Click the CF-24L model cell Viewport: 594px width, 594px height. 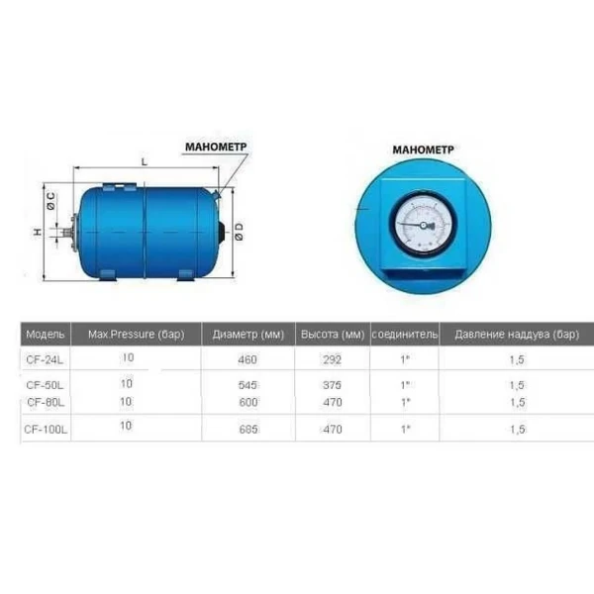pos(46,359)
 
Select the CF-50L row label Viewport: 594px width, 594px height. pos(46,384)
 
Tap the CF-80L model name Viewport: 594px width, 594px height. pos(47,402)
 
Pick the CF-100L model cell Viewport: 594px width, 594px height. pos(48,429)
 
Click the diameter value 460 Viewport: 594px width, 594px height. pos(247,359)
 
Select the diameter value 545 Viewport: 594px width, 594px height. pos(247,384)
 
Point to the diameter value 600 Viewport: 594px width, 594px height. pos(247,402)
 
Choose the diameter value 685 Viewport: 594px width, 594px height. pos(247,429)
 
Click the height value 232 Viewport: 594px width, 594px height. pos(334,359)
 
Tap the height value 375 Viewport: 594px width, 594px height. pos(334,384)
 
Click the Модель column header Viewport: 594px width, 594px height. pos(46,335)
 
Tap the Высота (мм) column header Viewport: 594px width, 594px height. pos(334,335)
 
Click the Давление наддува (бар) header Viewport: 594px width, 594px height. pos(516,335)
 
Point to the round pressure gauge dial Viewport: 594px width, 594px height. pos(422,224)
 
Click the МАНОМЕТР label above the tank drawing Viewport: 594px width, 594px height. pos(215,147)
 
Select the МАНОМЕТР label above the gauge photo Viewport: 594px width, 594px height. pos(423,149)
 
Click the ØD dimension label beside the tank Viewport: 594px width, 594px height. pos(239,233)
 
